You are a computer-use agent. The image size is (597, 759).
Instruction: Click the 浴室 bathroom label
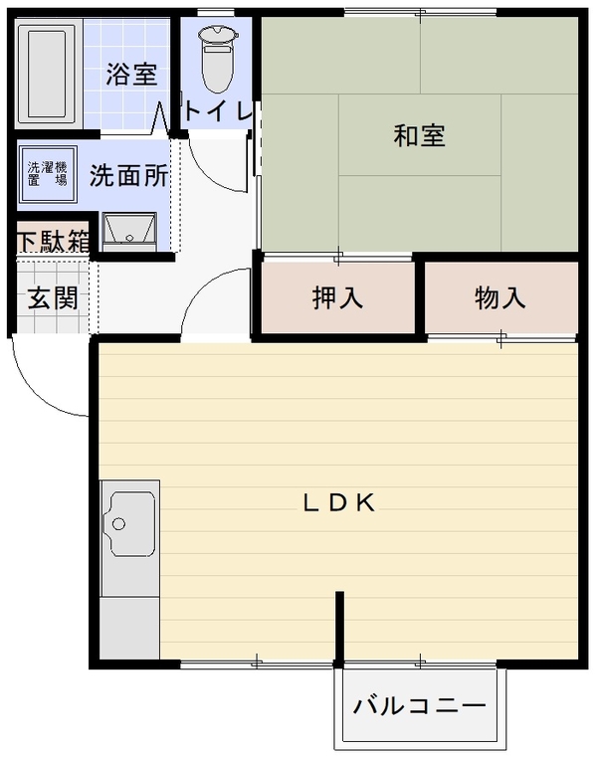131,74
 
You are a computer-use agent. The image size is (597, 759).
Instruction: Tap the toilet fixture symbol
218,58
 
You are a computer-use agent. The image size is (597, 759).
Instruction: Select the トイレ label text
218,111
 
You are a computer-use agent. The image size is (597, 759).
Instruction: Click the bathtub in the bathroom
47,74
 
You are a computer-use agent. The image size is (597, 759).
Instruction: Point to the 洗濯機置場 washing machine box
48,174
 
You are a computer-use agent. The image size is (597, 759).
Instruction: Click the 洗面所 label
128,175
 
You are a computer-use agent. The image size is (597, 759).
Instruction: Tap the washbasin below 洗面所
129,232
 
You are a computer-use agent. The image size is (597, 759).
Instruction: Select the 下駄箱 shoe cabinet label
54,241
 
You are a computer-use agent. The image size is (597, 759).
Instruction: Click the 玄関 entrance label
53,297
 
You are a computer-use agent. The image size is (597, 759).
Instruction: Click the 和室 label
419,135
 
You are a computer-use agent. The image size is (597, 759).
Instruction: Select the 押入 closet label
337,297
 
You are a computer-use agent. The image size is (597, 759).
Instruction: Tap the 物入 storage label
499,297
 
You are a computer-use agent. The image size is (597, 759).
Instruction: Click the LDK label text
339,503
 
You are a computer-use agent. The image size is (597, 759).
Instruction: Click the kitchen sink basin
129,524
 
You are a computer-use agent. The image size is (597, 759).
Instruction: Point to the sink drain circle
118,524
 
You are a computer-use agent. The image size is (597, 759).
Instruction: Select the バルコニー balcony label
419,705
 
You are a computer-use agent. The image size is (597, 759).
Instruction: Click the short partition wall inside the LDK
340,628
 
